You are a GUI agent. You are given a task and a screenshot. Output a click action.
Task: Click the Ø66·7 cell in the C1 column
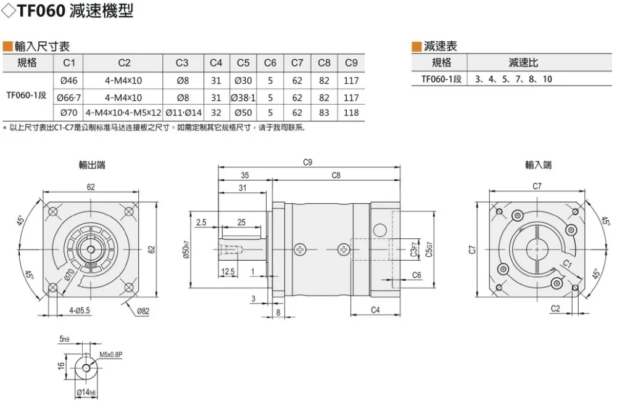69,97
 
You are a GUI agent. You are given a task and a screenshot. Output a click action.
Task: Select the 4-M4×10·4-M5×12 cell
123,113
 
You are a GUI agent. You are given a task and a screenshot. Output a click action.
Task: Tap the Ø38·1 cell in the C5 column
243,97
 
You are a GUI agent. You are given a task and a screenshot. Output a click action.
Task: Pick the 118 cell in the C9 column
351,113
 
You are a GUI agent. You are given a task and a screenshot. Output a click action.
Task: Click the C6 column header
270,63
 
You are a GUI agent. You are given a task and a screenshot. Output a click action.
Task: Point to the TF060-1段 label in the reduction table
441,79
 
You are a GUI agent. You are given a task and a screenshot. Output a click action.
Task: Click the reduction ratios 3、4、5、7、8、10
513,79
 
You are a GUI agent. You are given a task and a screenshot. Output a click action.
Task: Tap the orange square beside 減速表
416,47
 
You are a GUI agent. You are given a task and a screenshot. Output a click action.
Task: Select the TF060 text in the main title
41,10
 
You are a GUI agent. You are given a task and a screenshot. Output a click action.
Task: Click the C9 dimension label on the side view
308,162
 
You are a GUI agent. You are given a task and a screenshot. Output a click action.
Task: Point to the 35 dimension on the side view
245,175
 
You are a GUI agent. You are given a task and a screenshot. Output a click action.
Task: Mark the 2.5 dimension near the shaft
201,222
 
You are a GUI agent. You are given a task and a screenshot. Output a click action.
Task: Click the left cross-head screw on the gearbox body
300,249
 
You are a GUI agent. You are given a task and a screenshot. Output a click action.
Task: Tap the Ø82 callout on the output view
143,311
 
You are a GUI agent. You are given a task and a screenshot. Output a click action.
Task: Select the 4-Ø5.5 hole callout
80,310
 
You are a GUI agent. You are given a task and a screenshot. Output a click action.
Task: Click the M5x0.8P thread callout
111,355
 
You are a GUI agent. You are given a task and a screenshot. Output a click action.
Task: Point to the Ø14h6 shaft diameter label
86,392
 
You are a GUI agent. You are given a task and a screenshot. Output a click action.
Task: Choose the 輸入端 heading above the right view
538,164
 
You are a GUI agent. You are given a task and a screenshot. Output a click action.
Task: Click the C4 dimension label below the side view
375,310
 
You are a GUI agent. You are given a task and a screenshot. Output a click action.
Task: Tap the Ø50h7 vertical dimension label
186,249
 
